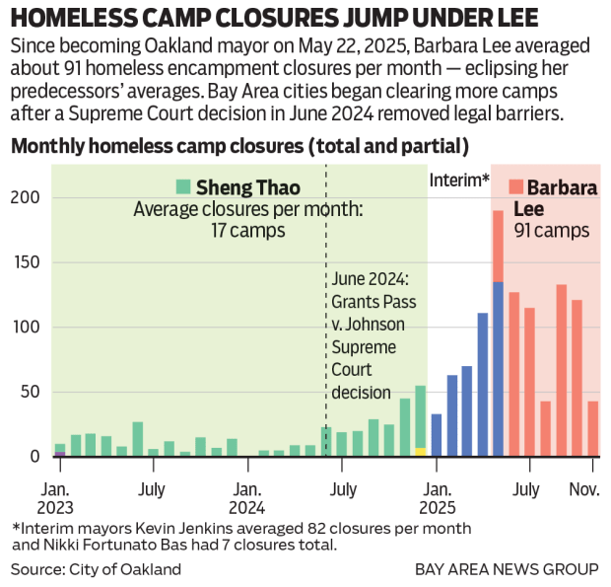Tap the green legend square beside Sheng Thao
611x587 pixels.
(183, 186)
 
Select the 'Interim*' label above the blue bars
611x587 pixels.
(459, 181)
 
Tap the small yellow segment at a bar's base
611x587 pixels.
(421, 452)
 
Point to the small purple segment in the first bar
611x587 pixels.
(60, 454)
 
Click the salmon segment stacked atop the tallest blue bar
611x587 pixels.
(498, 246)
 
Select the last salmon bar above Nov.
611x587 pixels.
(592, 428)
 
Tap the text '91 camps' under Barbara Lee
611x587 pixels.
(552, 231)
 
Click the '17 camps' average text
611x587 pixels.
(247, 231)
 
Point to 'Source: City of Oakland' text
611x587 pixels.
(97, 569)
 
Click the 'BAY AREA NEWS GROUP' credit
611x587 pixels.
(507, 569)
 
